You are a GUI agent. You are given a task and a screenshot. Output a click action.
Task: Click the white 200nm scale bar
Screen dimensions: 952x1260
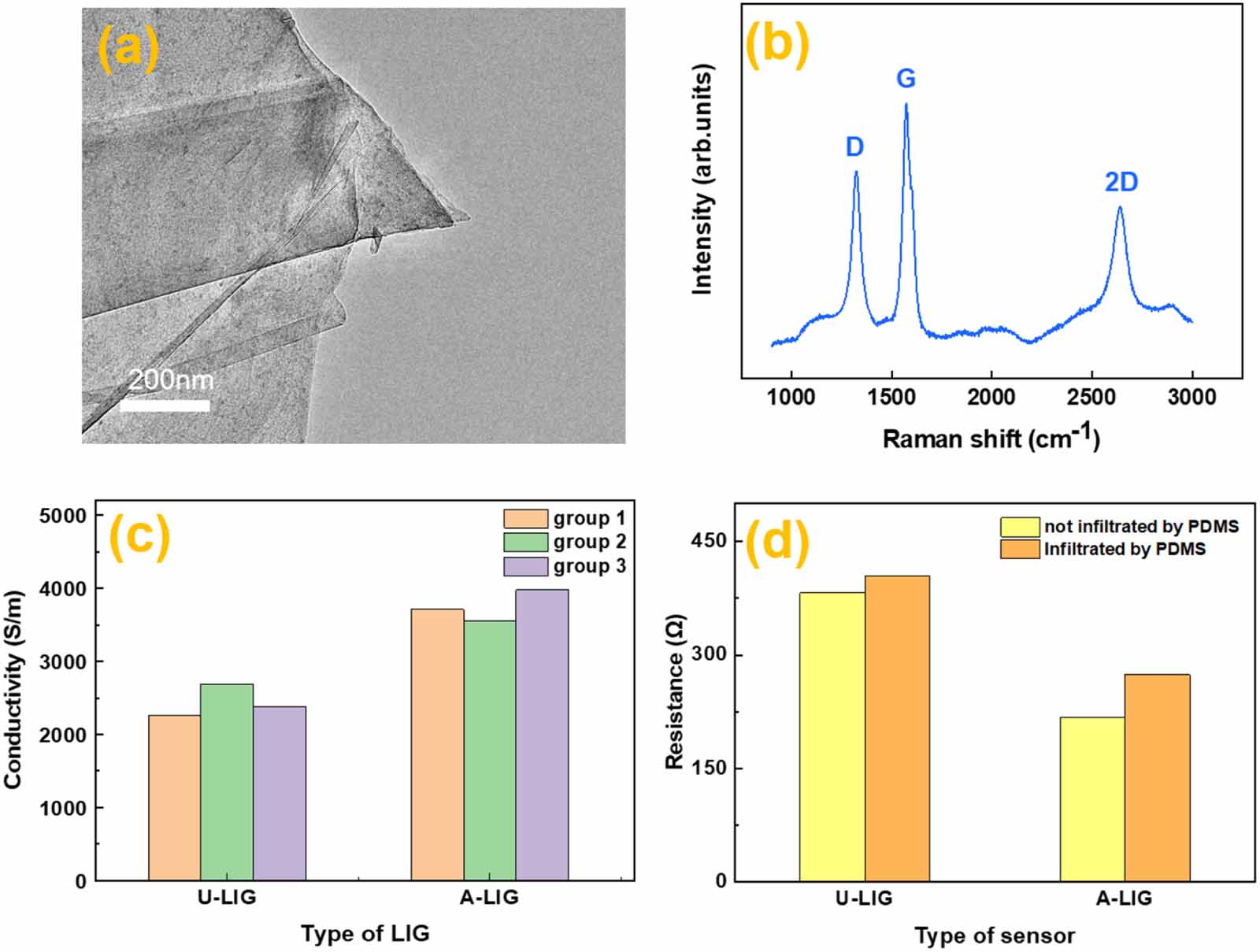(165, 406)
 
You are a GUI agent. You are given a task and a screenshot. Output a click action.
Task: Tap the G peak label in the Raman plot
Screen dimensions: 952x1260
(906, 79)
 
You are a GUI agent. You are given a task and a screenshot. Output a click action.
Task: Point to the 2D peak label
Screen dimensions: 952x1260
(1121, 183)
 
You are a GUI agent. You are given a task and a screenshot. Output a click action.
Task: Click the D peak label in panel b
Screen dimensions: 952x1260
(854, 147)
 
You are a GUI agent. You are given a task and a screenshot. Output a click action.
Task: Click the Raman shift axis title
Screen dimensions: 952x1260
(990, 438)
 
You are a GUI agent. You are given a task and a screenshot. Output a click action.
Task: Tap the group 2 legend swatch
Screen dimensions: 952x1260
(525, 542)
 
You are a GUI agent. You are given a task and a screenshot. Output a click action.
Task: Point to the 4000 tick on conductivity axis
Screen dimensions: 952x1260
(70, 589)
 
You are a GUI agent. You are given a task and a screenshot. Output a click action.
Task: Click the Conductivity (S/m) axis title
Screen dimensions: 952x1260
(13, 690)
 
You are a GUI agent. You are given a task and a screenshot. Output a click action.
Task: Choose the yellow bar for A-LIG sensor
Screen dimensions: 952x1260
(1091, 798)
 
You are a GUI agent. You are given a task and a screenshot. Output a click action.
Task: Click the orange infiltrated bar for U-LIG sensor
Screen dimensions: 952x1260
(897, 728)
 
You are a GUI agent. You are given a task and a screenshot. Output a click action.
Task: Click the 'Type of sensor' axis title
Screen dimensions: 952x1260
(994, 936)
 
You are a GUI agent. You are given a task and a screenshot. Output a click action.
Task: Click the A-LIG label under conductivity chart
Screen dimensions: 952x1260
(489, 897)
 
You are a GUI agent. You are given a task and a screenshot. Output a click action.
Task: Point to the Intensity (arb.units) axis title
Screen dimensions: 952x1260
(702, 180)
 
